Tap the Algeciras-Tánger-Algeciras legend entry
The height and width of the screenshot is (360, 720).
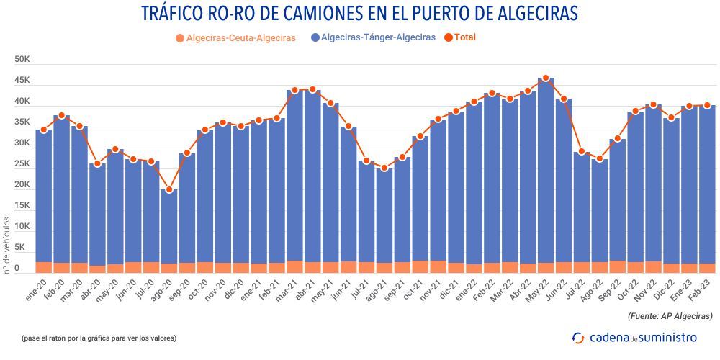click(x=372, y=37)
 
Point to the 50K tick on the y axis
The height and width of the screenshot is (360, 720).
click(x=22, y=60)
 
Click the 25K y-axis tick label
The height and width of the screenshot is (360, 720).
click(x=22, y=164)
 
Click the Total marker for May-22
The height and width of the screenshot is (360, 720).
click(x=546, y=78)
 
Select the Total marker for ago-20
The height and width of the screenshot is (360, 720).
click(x=169, y=189)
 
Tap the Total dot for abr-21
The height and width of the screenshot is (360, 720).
click(x=312, y=90)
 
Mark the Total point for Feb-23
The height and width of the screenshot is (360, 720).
click(x=707, y=105)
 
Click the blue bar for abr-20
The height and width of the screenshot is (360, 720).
click(x=97, y=216)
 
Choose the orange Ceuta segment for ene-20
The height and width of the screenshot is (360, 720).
click(x=43, y=267)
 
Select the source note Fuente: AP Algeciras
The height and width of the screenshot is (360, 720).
click(x=669, y=315)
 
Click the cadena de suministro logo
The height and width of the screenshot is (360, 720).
click(x=634, y=337)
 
